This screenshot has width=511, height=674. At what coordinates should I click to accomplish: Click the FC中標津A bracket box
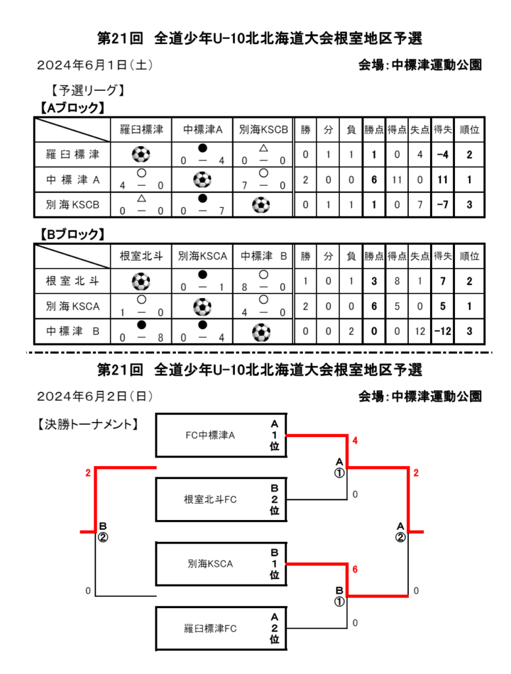point(221,435)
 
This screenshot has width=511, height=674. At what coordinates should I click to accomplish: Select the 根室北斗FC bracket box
point(221,500)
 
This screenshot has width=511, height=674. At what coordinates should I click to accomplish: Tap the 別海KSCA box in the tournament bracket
point(221,564)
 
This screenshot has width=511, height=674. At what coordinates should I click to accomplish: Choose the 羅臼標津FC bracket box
point(221,629)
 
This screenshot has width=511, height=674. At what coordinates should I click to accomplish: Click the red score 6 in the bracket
point(355,569)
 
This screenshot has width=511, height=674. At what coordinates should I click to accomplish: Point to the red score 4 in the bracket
point(355,440)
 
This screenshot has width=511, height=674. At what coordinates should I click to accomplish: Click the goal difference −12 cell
point(443,332)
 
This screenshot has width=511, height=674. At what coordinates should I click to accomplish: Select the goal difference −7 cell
point(443,205)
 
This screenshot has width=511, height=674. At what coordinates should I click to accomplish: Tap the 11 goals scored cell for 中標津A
point(396,180)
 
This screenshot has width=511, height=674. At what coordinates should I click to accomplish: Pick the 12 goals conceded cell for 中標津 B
point(420,332)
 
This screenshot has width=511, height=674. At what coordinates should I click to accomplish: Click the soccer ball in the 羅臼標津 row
point(141,154)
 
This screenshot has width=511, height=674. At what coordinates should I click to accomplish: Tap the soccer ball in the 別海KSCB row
point(261,205)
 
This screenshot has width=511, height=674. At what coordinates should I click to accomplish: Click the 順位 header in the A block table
point(470,130)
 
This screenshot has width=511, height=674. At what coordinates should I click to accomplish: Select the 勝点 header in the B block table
point(374,256)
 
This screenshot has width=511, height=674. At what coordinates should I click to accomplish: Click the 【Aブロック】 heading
point(72,107)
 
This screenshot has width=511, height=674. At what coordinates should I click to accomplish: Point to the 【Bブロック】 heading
point(72,234)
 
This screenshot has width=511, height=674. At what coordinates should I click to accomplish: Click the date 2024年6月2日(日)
point(95,396)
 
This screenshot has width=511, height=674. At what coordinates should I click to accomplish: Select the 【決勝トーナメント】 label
point(88,425)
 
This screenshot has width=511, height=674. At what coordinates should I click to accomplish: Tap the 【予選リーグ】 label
point(88,90)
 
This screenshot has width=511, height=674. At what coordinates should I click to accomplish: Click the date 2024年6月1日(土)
point(95,65)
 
